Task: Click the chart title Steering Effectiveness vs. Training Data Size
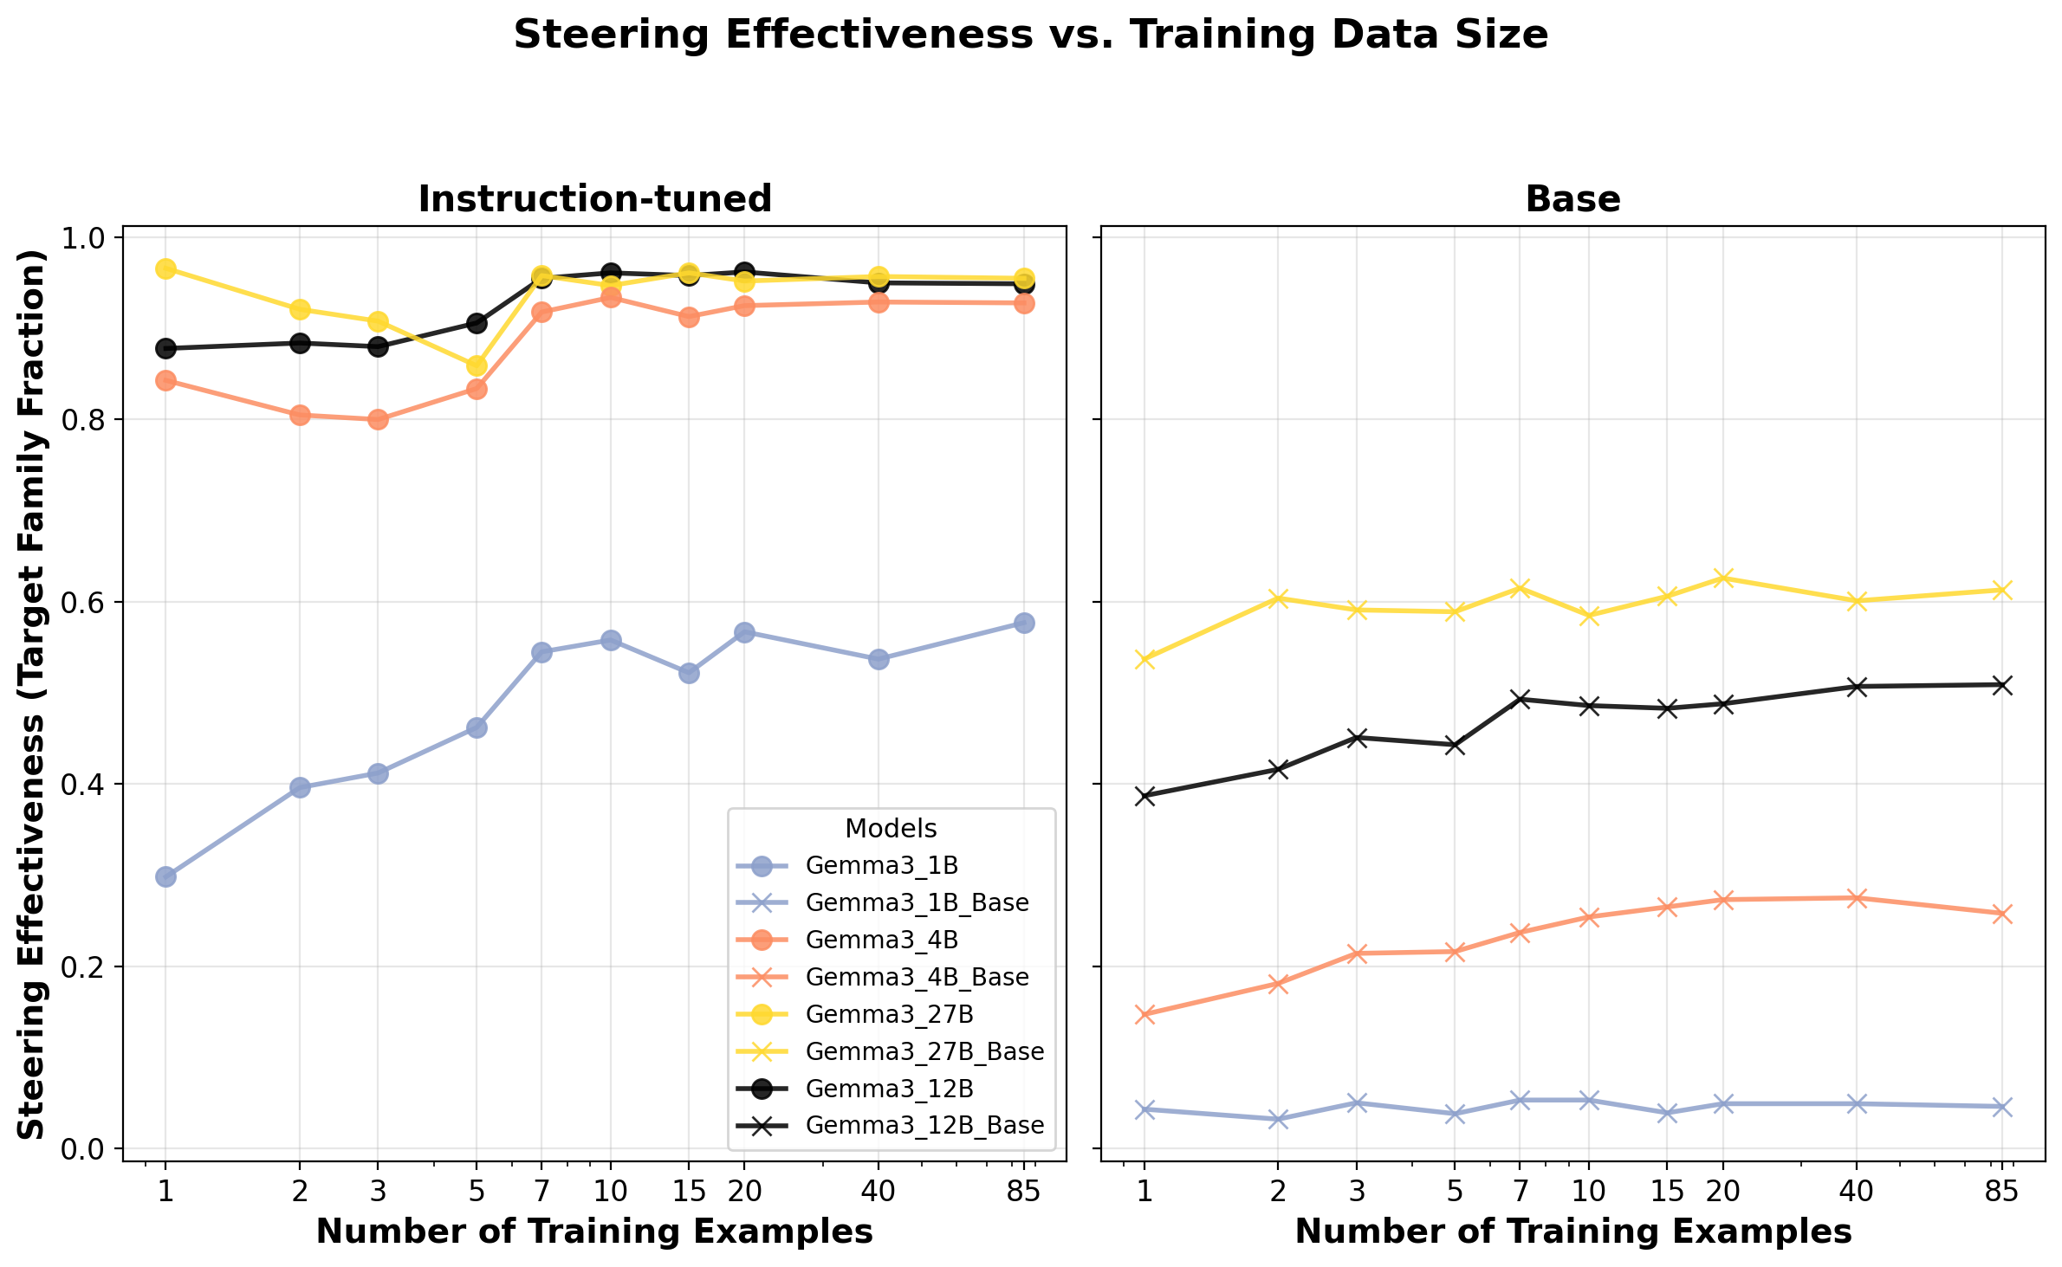1030,36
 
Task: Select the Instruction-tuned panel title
594,199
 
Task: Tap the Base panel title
1572,199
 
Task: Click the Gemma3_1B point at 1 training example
165,876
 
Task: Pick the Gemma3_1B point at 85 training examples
1024,623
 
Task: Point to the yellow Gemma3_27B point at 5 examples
477,365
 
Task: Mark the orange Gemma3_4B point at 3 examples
378,419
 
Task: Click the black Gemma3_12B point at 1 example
165,348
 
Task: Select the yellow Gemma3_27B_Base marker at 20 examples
1722,578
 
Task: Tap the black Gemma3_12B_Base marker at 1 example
1144,796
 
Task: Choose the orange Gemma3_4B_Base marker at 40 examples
1856,898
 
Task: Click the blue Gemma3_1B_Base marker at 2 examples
1278,1119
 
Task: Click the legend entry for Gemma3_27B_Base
924,1051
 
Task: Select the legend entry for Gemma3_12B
889,1089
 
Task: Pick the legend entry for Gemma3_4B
881,940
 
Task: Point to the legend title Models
891,829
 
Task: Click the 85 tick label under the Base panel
2001,1193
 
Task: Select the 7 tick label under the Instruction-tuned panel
541,1193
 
